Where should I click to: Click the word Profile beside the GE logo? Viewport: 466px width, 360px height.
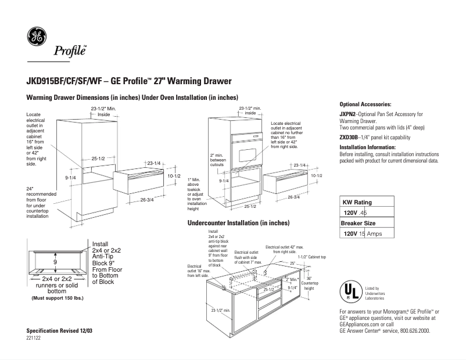70,51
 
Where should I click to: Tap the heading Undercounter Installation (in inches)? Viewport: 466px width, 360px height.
238,223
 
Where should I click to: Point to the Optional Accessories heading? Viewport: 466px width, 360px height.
365,103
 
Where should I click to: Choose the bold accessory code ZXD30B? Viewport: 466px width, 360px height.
349,138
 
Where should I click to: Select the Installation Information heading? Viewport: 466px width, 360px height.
368,147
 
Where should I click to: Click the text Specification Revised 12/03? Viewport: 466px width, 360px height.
60,330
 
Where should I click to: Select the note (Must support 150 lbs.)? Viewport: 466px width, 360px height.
56,298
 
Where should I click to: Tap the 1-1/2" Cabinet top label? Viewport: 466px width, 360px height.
312,256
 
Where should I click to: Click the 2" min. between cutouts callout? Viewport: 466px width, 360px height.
217,160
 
